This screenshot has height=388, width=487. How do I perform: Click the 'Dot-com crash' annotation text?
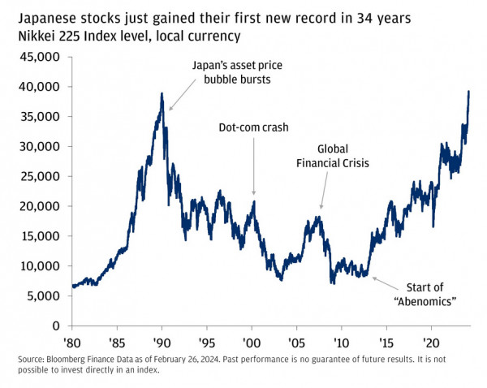coord(254,127)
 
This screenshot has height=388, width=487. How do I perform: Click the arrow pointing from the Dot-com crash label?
coord(254,166)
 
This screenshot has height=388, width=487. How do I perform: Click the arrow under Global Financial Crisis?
coord(325,195)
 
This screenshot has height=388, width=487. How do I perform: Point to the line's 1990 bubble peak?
coord(162,93)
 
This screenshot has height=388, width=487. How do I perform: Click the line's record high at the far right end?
coord(469,91)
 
